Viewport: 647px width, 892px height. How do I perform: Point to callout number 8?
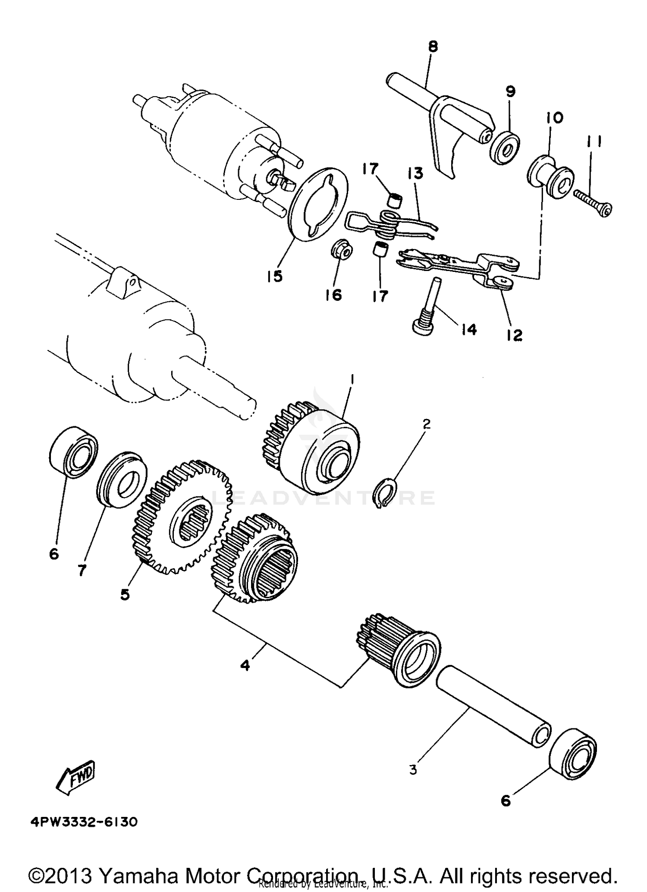433,47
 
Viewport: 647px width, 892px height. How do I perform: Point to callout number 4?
245,665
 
